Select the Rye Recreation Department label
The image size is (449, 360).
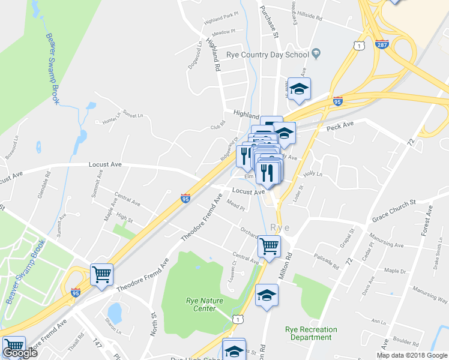click(311, 333)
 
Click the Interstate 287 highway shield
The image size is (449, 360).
click(382, 44)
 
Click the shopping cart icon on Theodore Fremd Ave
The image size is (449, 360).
click(102, 275)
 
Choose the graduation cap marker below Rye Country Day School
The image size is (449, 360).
click(299, 89)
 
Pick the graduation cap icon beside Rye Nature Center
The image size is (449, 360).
click(267, 295)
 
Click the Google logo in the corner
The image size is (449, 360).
click(20, 353)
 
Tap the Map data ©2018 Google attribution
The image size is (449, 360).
click(412, 355)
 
